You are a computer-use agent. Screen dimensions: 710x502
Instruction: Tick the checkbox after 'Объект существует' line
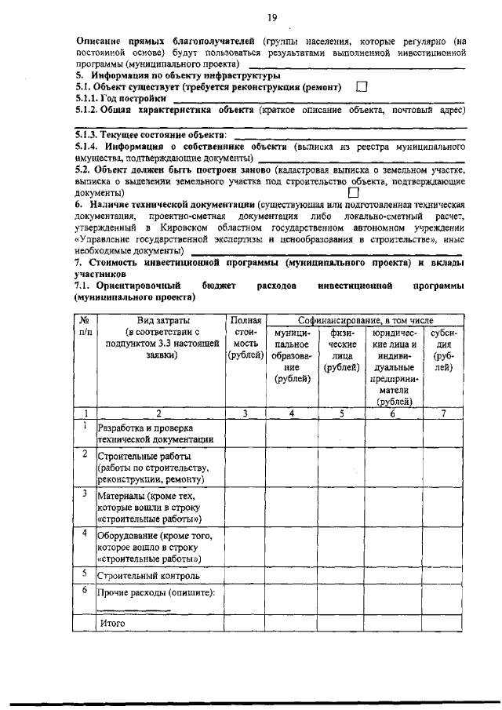click(x=362, y=87)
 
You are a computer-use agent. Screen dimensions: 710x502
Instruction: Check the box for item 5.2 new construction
click(x=353, y=191)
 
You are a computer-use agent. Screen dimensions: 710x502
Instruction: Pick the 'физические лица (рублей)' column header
click(x=340, y=350)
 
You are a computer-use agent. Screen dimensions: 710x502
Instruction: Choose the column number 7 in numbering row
click(x=444, y=413)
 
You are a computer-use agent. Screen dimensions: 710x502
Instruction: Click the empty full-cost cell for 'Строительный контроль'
click(x=246, y=575)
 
